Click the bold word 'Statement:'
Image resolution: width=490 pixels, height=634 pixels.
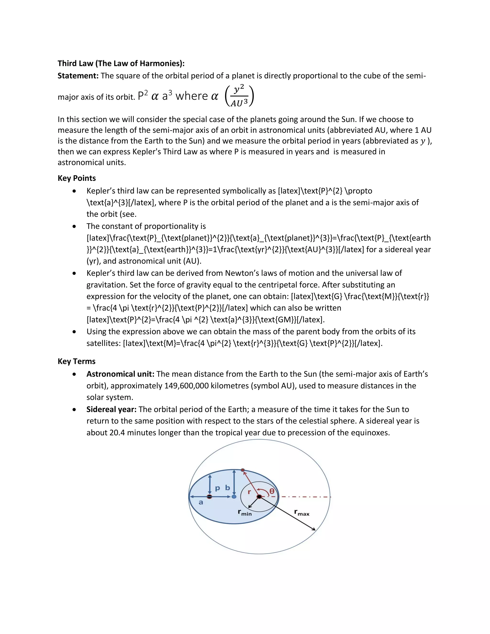tap(78, 76)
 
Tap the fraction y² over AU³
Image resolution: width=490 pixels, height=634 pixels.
tap(239, 96)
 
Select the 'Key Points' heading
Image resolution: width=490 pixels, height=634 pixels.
tap(77, 178)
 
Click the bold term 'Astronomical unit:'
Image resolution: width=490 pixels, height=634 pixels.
tap(120, 374)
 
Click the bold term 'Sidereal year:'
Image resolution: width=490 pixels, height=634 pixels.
tap(111, 409)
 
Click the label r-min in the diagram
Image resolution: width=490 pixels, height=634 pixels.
tap(245, 513)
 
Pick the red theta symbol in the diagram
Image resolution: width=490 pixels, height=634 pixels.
tap(272, 491)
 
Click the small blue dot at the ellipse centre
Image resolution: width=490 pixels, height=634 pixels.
tap(234, 497)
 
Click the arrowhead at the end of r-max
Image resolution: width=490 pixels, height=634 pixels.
tap(314, 529)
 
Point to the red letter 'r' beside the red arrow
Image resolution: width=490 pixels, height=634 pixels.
tap(249, 492)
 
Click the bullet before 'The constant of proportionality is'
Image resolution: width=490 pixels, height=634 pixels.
tap(75, 226)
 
